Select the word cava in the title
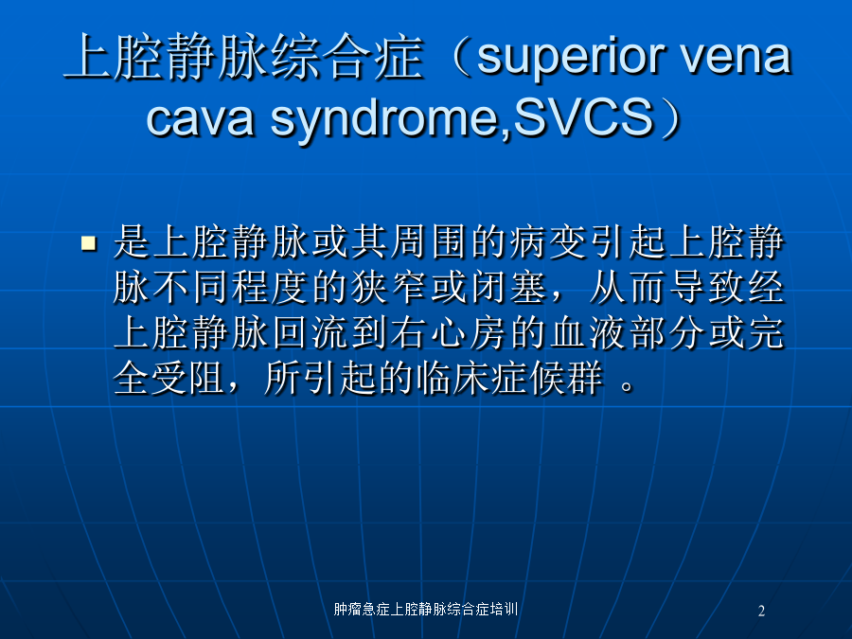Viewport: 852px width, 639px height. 201,119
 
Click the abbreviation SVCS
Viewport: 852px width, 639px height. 583,116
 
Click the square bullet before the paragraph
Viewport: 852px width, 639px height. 89,242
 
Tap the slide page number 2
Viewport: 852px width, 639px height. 761,612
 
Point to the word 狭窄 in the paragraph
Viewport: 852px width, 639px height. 389,288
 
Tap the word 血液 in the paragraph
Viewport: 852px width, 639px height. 588,333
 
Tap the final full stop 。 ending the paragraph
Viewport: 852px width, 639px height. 628,386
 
